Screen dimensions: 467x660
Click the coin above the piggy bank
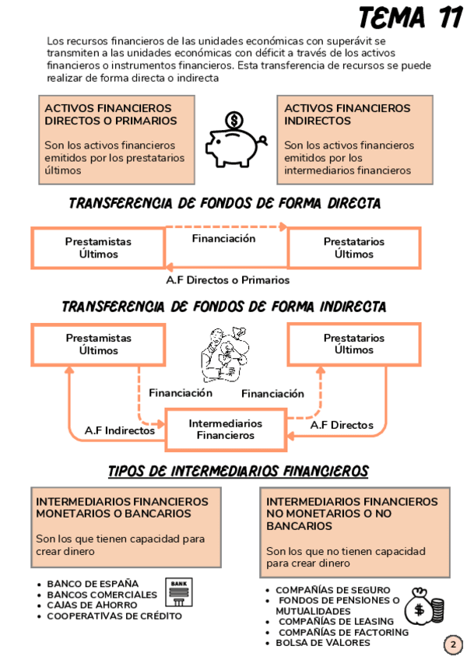[233, 121]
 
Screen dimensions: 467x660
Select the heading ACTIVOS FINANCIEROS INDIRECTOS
[346, 114]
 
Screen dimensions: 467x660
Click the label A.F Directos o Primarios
[228, 279]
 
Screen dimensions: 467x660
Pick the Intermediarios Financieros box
[226, 430]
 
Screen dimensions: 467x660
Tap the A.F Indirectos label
[119, 430]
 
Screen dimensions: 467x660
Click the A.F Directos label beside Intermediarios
[342, 426]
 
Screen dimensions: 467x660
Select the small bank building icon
[178, 593]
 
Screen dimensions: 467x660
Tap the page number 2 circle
[452, 644]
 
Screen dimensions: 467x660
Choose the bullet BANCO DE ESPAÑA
[93, 583]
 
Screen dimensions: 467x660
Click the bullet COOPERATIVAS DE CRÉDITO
[114, 616]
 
